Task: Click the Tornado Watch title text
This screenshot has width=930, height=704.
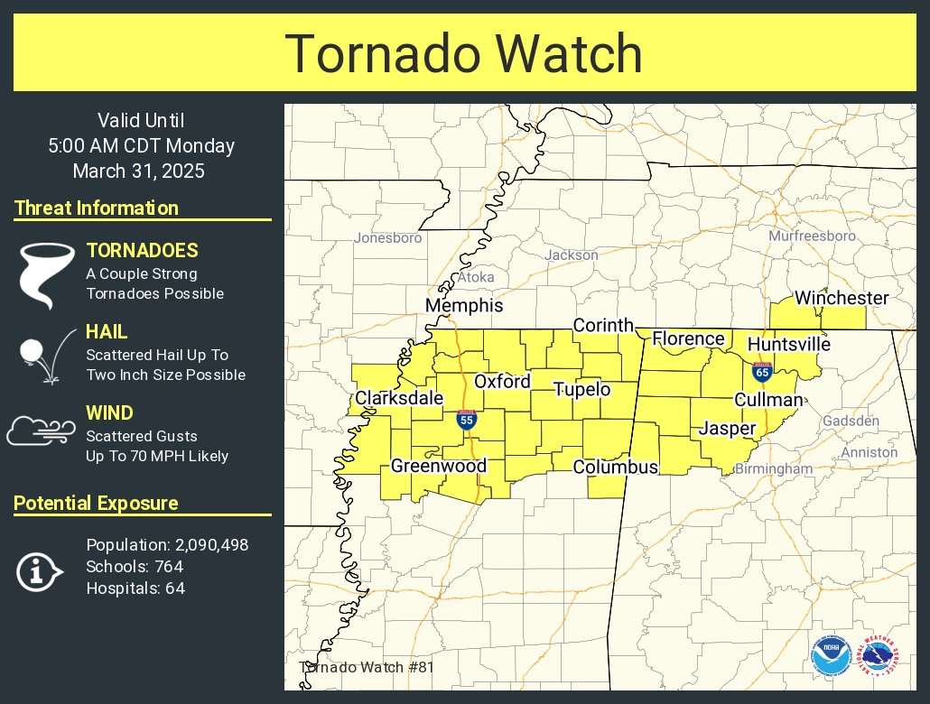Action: [x=464, y=54]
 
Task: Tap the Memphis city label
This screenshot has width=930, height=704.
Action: [x=464, y=306]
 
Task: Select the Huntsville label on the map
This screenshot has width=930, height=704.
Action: [x=788, y=344]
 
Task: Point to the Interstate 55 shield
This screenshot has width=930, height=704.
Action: [x=466, y=419]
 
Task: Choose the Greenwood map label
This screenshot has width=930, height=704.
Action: [x=438, y=466]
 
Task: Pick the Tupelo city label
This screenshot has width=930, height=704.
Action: [x=581, y=390]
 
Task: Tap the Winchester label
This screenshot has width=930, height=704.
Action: [x=842, y=298]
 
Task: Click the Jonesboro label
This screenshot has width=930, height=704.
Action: [x=388, y=238]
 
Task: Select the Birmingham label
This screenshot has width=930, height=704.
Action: [x=773, y=469]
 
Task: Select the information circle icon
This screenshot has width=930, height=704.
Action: [x=39, y=571]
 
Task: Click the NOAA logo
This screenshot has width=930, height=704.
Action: [x=830, y=656]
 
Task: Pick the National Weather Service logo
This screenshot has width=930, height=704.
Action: [x=879, y=656]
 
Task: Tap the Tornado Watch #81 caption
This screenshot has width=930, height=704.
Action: [x=367, y=667]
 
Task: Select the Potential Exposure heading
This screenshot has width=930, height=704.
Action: [x=96, y=503]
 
